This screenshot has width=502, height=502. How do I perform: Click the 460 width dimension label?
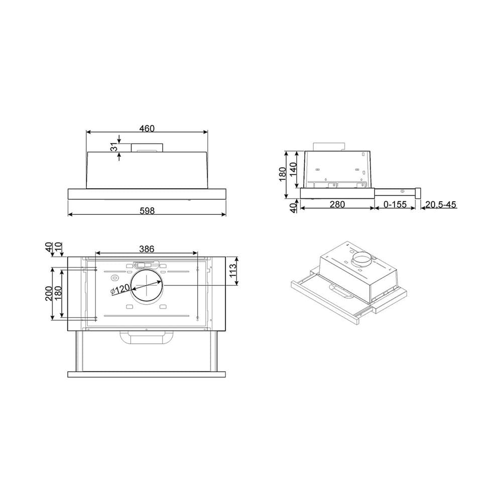(x=147, y=129)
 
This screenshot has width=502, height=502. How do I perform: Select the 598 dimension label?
(x=147, y=211)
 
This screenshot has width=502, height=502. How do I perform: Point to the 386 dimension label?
(x=147, y=249)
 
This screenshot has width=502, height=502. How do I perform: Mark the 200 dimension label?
(x=49, y=293)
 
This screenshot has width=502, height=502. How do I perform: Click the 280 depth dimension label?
(x=337, y=204)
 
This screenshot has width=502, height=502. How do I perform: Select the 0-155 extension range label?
(x=395, y=204)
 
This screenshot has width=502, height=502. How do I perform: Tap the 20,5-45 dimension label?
(x=441, y=204)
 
